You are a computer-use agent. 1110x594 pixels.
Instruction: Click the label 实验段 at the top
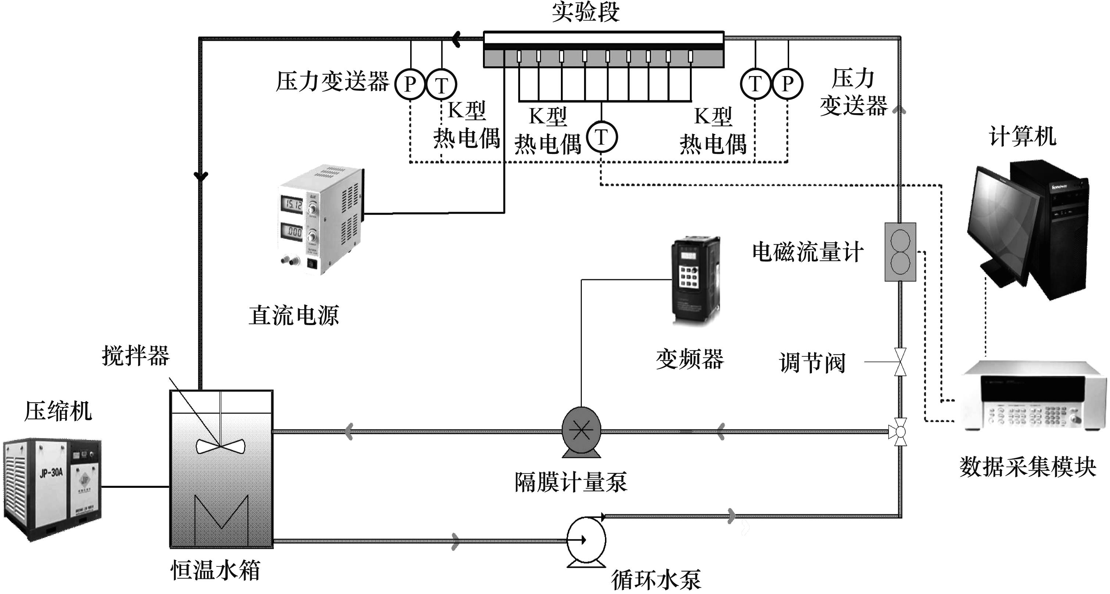click(586, 12)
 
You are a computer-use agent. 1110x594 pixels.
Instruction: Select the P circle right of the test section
click(787, 83)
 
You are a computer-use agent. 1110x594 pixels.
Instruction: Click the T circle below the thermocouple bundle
click(602, 137)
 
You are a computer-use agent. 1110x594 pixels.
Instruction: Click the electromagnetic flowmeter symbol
click(900, 252)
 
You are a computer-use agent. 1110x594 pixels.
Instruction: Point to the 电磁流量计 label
click(808, 252)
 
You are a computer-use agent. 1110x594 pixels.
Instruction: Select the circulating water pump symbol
click(586, 540)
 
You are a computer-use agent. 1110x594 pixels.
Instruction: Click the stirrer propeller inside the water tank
click(220, 446)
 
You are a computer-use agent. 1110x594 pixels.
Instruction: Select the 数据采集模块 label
click(1027, 467)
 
